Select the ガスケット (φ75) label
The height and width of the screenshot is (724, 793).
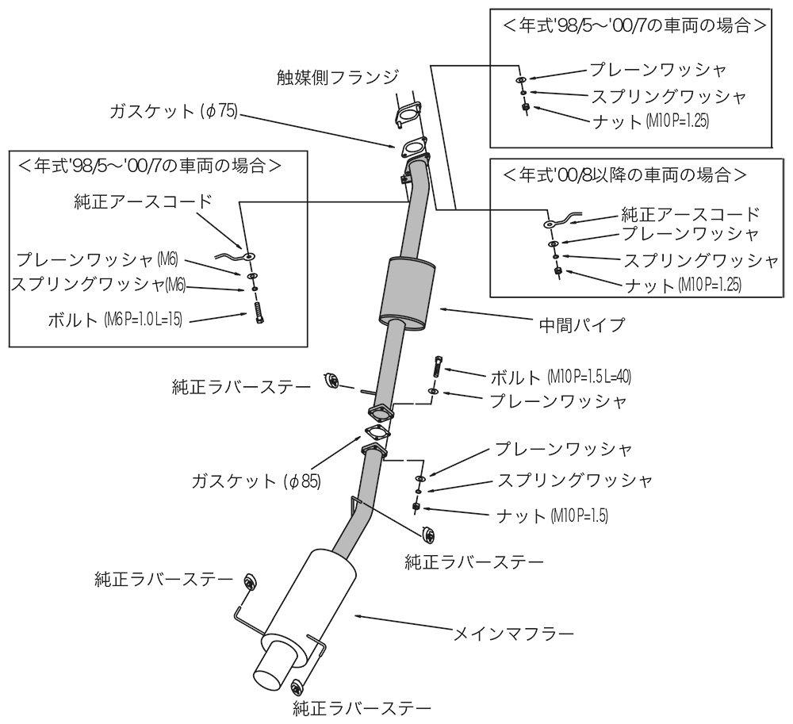174,113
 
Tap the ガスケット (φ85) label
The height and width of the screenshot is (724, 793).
256,480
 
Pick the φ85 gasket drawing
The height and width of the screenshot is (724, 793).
375,431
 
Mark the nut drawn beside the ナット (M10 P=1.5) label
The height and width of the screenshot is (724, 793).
416,506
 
